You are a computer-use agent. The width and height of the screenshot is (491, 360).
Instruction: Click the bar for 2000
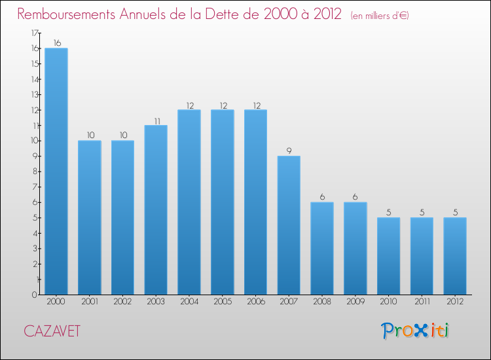pos(56,171)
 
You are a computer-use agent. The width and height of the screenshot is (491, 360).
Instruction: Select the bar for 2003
pos(156,209)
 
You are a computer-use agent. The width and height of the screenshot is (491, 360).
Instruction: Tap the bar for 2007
pos(289,225)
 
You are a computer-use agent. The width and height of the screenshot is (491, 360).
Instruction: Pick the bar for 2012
pos(455,256)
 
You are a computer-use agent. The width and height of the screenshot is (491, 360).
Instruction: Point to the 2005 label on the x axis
pos(222,302)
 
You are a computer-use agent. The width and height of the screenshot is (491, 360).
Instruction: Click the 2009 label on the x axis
pos(355,302)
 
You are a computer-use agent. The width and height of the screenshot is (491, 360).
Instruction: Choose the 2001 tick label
pos(89,302)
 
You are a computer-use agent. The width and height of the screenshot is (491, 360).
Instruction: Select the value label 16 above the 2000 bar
pos(56,43)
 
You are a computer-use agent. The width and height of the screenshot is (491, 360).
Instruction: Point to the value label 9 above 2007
pos(289,151)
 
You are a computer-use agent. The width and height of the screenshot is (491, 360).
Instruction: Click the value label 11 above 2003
pos(156,120)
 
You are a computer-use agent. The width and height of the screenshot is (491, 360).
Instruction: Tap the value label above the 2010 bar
pos(388,213)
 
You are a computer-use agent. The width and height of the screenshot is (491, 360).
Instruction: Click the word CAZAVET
pos(52,332)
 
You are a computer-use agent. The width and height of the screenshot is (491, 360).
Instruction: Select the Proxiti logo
pos(416,331)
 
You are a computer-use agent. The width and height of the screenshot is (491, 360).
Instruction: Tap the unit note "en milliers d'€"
pos(380,16)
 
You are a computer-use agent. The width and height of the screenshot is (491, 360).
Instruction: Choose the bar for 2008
pos(321,248)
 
